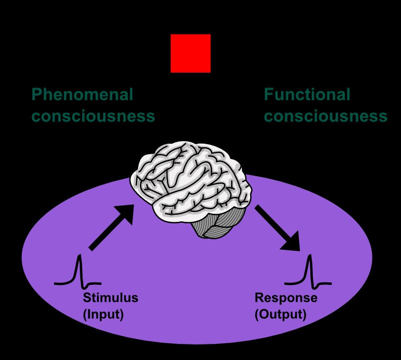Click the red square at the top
(x=190, y=53)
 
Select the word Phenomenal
(x=82, y=94)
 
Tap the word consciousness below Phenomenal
(x=93, y=116)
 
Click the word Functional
(x=307, y=94)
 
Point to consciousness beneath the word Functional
(x=325, y=116)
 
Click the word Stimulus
(x=110, y=298)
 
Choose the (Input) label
(x=103, y=315)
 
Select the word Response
(x=286, y=298)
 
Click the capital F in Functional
(x=269, y=94)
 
